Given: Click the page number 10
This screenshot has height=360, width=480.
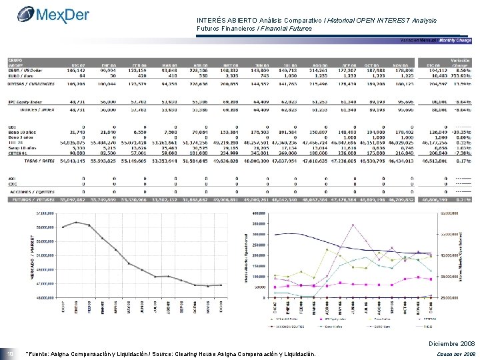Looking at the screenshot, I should tap(9, 353).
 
